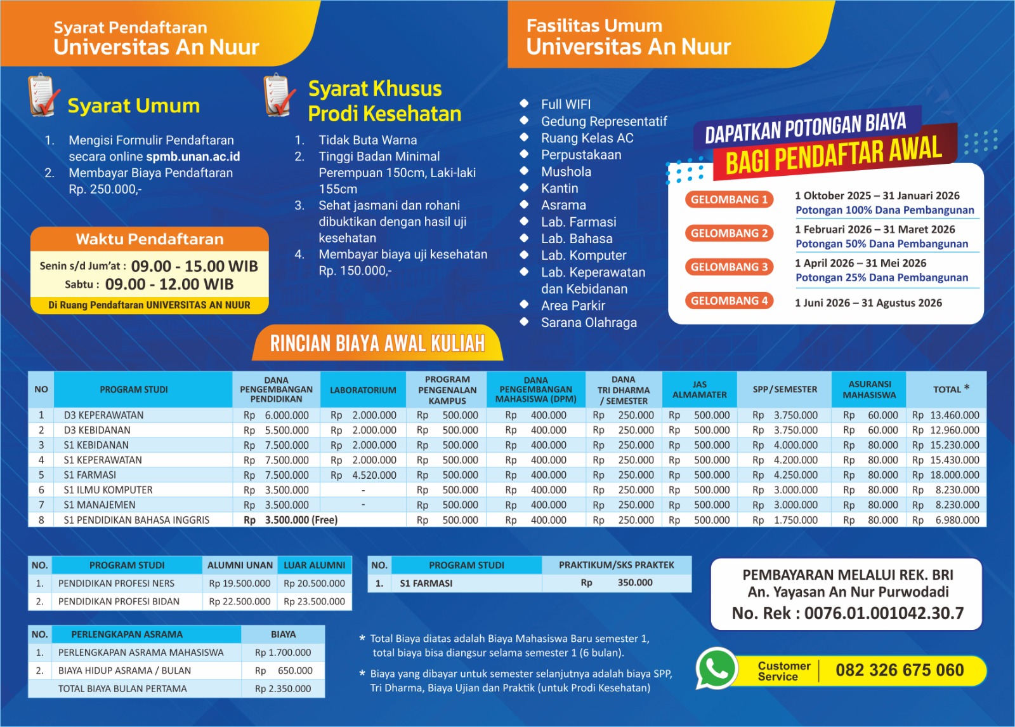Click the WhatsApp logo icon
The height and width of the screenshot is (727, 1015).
716,669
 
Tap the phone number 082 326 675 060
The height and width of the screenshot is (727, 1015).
899,670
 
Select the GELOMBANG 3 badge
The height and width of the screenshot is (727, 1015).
729,267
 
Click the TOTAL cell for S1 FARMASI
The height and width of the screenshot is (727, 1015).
946,475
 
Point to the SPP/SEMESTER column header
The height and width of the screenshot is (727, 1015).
785,389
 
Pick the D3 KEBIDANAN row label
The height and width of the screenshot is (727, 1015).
97,430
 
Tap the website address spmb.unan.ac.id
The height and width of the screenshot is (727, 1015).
193,156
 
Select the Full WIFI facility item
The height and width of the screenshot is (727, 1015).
565,104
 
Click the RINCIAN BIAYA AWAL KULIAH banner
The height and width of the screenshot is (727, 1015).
377,343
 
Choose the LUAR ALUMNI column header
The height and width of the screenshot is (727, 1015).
314,565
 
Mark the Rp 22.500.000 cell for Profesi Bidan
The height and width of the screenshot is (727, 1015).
239,601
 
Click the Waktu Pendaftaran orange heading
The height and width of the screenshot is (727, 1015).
150,239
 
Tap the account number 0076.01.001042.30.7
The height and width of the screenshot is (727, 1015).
884,613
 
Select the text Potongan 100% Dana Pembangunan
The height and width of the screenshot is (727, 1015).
884,210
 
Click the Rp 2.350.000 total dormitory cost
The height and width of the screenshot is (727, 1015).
283,688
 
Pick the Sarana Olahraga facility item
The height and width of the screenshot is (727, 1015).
588,323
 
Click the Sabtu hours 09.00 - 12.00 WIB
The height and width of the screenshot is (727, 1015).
169,284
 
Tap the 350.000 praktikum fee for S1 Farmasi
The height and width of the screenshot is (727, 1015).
634,583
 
